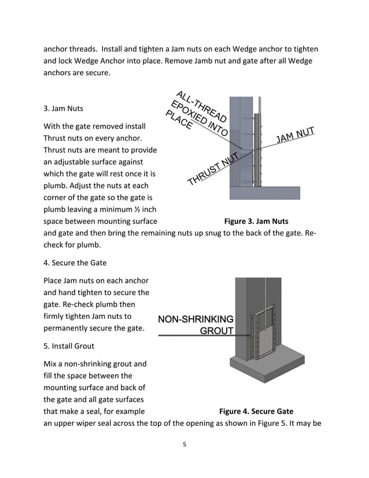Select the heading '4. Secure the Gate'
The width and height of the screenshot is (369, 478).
click(x=75, y=262)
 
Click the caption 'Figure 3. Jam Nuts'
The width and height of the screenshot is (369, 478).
click(x=256, y=221)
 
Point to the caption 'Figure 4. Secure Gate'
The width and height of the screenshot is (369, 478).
click(x=256, y=411)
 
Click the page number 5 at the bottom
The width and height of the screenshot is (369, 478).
click(x=184, y=445)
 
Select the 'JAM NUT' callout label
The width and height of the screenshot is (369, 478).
click(x=295, y=134)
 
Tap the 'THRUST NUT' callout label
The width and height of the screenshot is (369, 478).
click(x=213, y=169)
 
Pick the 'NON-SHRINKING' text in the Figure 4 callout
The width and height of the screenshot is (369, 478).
click(x=195, y=319)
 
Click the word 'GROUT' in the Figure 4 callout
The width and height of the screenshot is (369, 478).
click(x=216, y=331)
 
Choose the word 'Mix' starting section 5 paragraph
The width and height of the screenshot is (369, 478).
click(x=51, y=364)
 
